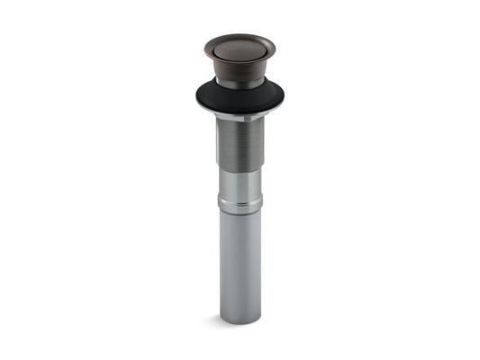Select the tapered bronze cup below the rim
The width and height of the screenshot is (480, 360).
[240, 69]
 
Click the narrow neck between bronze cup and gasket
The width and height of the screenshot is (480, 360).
[240, 84]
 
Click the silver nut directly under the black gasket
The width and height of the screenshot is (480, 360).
[240, 117]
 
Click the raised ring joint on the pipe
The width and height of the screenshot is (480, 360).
[240, 204]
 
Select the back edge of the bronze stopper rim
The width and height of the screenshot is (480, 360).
[240, 35]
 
